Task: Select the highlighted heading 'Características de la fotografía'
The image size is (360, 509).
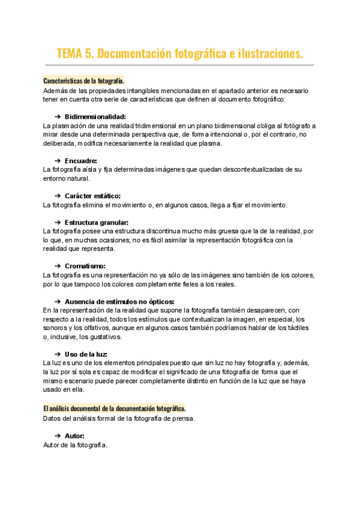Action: coord(83,80)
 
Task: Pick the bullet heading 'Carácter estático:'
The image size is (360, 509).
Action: coord(92,196)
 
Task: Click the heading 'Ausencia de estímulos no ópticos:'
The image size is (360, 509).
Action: coord(119,301)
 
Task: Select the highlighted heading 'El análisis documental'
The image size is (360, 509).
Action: coord(115,408)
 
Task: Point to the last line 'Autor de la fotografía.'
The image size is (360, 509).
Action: coord(75,445)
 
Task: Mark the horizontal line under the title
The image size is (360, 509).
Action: coord(179,65)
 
